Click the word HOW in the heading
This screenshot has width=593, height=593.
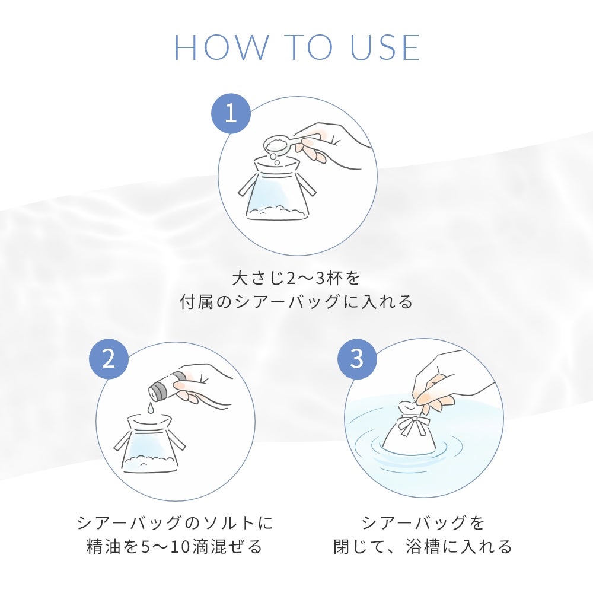pos(221,47)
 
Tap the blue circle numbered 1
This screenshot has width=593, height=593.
pos(231,113)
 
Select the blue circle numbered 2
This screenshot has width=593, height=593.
pos(109,358)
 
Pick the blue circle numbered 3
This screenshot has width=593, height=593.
pos(357,358)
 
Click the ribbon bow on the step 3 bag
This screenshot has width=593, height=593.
pos(415,420)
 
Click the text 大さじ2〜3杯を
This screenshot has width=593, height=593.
pos(296,279)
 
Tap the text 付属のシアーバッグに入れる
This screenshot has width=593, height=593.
pos(296,302)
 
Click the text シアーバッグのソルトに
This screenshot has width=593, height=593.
pos(175,523)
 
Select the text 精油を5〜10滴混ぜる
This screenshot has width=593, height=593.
pos(175,547)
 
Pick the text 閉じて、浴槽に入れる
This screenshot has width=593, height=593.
pos(423,547)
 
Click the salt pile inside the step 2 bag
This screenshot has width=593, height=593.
pos(151,460)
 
